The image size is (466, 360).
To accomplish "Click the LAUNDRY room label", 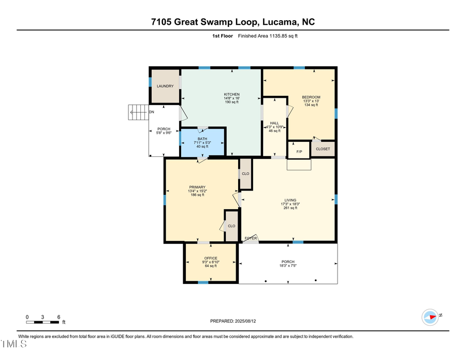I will click(x=165, y=86).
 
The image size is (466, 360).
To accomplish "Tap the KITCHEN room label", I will click(x=231, y=94).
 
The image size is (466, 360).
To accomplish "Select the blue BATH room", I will click(x=202, y=142).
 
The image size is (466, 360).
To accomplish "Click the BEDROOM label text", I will click(x=311, y=97).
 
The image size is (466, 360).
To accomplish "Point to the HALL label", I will click(x=274, y=123).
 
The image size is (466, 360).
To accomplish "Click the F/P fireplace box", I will click(x=299, y=151).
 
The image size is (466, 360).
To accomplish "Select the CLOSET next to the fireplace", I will click(x=323, y=149).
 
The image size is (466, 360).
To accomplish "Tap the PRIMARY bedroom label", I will click(x=197, y=188).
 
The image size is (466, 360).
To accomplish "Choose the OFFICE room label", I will click(x=211, y=258).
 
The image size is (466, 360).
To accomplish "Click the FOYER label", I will click(x=251, y=238).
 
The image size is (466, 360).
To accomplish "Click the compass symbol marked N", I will click(x=431, y=315).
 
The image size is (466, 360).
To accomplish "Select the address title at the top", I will click(x=233, y=22).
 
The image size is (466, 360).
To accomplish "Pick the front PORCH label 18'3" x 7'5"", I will click(x=288, y=264).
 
